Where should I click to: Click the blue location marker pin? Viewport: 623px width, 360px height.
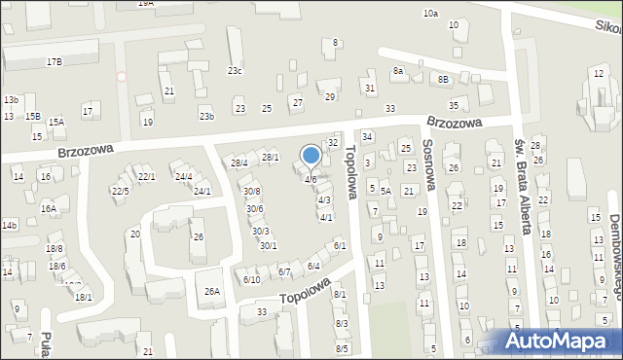click(x=311, y=156)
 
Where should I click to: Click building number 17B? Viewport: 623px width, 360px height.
click(x=54, y=61)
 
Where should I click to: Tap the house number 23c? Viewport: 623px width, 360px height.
click(x=235, y=70)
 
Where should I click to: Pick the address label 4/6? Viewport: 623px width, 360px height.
click(x=311, y=180)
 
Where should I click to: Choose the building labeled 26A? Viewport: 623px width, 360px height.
click(x=211, y=291)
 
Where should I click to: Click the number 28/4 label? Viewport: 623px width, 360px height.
click(x=238, y=162)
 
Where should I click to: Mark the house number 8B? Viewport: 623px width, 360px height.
click(x=443, y=79)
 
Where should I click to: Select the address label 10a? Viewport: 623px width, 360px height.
click(x=430, y=14)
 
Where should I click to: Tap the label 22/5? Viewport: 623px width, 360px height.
click(x=119, y=192)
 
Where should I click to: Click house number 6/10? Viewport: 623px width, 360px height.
click(x=251, y=280)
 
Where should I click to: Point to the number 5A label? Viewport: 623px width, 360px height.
click(x=385, y=191)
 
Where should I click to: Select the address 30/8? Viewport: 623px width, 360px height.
click(x=251, y=191)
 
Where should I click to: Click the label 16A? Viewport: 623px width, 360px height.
click(x=49, y=208)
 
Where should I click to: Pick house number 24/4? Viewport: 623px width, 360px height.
click(x=183, y=176)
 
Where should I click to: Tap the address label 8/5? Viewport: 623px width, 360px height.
click(x=342, y=348)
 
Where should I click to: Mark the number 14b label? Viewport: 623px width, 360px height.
click(x=9, y=226)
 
